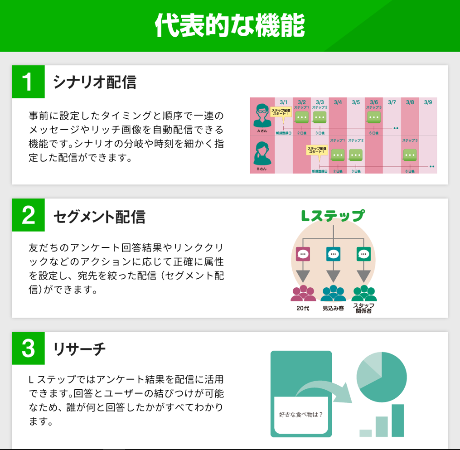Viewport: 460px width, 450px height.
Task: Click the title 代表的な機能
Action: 229,25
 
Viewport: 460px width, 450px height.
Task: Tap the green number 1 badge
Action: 28,82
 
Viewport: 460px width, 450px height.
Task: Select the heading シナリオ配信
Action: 94,82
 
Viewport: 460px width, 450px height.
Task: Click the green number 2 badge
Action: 28,215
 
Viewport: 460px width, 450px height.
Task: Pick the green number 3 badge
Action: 28,348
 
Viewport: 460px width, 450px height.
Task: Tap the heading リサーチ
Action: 79,348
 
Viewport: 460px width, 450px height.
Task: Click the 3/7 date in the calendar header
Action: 392,102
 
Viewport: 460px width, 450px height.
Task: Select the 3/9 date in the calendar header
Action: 428,102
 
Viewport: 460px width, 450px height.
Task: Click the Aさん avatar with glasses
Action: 261,116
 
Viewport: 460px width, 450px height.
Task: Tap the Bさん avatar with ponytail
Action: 261,154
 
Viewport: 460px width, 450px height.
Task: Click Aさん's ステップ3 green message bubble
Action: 374,118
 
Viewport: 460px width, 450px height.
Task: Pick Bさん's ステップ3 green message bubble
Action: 410,155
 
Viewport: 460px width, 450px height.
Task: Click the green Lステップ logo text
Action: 333,216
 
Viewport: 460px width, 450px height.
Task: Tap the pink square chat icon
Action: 302,254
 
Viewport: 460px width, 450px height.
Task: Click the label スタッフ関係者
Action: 363,308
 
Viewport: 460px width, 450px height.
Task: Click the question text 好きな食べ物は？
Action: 301,414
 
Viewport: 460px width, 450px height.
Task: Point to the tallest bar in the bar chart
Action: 397,421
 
